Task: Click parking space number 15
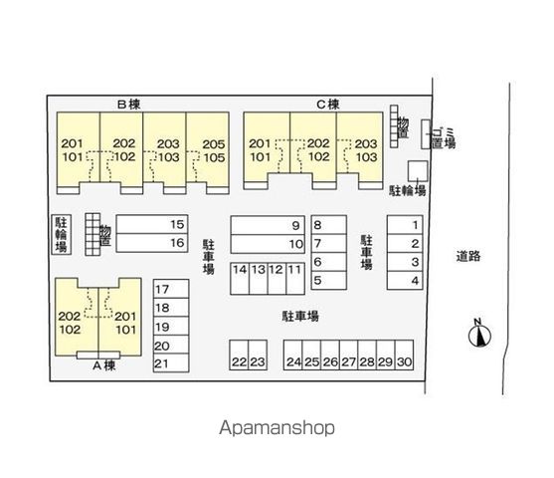tap(152, 224)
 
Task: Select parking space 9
tap(268, 225)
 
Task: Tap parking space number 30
tap(404, 355)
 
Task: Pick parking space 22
tap(239, 355)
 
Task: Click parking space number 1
tap(405, 225)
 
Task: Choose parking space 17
tap(171, 289)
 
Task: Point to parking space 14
tap(240, 279)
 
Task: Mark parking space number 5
tap(328, 281)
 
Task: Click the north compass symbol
tap(479, 334)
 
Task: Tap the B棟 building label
tap(129, 105)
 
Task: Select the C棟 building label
tap(328, 105)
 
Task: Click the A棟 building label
tap(104, 365)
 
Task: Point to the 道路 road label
tap(468, 256)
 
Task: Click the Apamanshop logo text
tap(277, 428)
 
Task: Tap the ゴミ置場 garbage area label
tap(444, 137)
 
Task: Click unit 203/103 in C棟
tap(360, 149)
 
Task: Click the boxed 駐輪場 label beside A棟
tap(62, 234)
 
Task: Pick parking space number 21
tap(171, 363)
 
